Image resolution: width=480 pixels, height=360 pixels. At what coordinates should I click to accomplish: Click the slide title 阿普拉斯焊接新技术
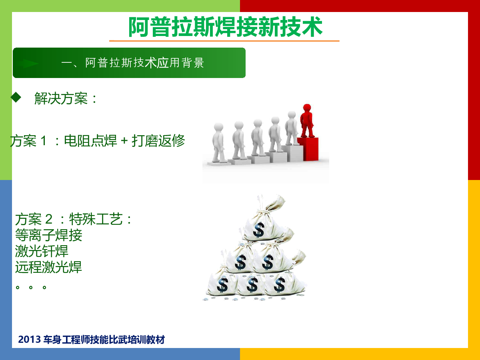pyautogui.click(x=226, y=27)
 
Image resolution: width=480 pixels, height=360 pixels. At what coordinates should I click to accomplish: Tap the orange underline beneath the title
pyautogui.click(x=224, y=41)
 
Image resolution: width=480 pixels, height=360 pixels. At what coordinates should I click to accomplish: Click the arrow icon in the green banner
pyautogui.click(x=28, y=63)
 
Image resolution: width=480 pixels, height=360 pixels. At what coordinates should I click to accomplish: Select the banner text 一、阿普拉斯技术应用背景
pyautogui.click(x=133, y=63)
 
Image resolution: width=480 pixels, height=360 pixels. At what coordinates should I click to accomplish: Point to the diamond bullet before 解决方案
pyautogui.click(x=16, y=97)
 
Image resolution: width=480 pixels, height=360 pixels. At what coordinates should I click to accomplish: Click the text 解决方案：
pyautogui.click(x=65, y=98)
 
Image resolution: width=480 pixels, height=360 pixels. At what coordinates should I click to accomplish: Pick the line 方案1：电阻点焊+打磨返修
pyautogui.click(x=98, y=140)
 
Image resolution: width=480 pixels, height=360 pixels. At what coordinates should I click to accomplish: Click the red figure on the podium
pyautogui.click(x=307, y=121)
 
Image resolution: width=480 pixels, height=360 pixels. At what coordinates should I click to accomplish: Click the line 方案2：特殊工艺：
pyautogui.click(x=73, y=219)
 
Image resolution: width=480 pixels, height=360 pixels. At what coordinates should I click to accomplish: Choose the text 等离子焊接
pyautogui.click(x=48, y=235)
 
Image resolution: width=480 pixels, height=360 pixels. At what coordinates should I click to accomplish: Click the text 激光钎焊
pyautogui.click(x=42, y=251)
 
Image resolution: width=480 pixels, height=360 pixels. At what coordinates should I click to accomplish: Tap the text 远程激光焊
pyautogui.click(x=48, y=267)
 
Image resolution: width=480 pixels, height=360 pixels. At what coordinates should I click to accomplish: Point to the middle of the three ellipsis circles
pyautogui.click(x=31, y=288)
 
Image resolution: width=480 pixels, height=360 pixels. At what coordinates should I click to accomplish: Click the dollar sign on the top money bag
pyautogui.click(x=259, y=230)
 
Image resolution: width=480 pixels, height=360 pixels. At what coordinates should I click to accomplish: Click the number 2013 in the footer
pyautogui.click(x=29, y=340)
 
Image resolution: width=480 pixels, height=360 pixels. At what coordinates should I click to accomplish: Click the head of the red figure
pyautogui.click(x=307, y=108)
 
